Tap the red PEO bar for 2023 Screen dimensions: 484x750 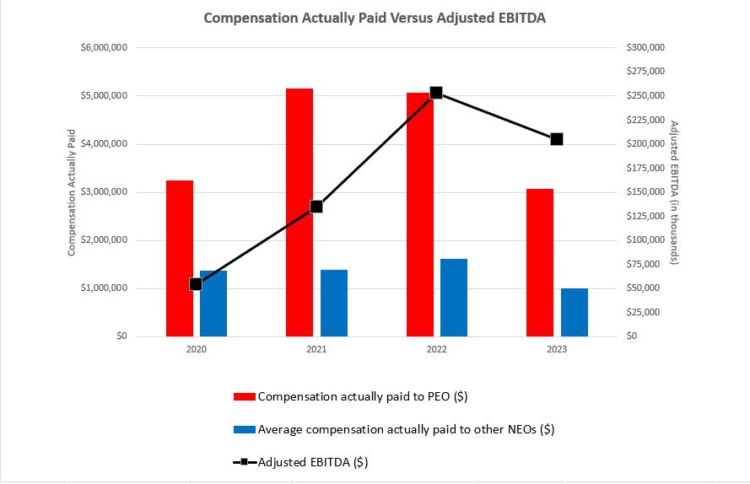pyautogui.click(x=540, y=262)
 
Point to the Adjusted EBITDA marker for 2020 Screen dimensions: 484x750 pyautogui.click(x=196, y=284)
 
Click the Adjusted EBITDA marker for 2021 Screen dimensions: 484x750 pyautogui.click(x=316, y=207)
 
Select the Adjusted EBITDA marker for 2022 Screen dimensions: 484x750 pyautogui.click(x=436, y=93)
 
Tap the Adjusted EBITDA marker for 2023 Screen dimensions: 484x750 pyautogui.click(x=557, y=139)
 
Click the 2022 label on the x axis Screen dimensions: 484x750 pyautogui.click(x=436, y=349)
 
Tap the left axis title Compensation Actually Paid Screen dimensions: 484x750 pyautogui.click(x=72, y=192)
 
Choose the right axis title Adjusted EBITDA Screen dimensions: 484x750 pyautogui.click(x=674, y=192)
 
